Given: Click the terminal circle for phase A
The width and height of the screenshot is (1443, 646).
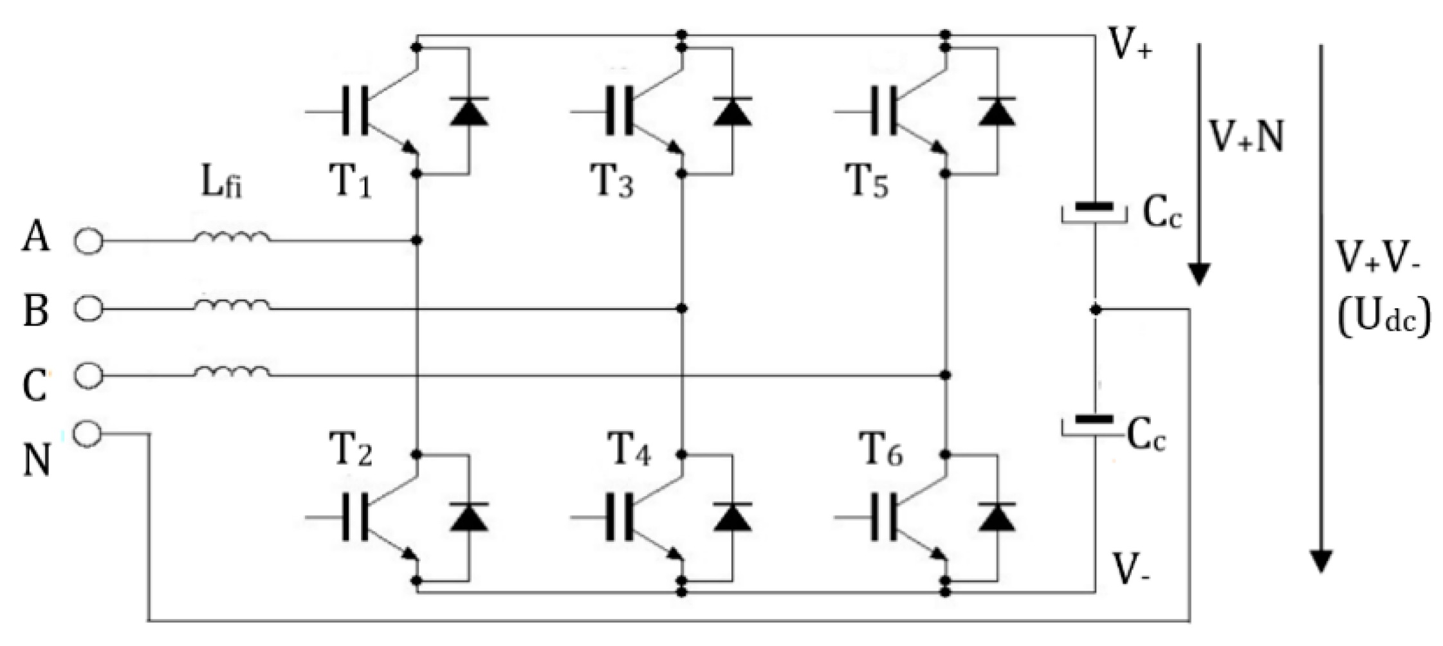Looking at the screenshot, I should [x=88, y=241].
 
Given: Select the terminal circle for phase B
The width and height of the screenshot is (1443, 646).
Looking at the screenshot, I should [x=88, y=309].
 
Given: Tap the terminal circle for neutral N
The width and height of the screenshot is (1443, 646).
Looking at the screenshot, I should [x=87, y=434].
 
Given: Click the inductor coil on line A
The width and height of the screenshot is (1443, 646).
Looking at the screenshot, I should [x=232, y=237].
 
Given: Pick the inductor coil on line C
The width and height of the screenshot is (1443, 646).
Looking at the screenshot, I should [x=232, y=372].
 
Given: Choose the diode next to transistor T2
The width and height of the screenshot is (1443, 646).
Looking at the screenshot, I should [x=468, y=517].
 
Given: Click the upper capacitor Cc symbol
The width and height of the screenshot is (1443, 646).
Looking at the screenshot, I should [x=1094, y=212].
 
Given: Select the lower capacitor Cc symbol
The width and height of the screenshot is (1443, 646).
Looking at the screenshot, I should [x=1094, y=425].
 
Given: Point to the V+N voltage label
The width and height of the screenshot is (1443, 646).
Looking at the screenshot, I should [x=1247, y=137].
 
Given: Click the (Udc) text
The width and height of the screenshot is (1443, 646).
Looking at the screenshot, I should [x=1383, y=317].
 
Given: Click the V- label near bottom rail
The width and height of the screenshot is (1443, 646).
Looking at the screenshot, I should [x=1131, y=570].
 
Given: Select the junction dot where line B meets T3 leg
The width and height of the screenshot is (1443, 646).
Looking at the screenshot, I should [x=682, y=309].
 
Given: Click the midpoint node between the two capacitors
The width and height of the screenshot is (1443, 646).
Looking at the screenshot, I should [x=1096, y=309].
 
